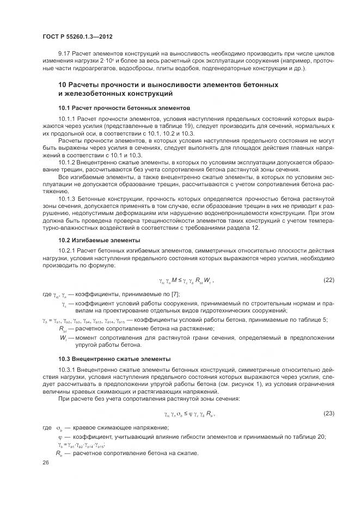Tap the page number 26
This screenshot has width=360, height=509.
click(x=46, y=462)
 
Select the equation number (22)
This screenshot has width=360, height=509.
click(x=328, y=280)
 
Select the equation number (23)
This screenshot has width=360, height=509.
click(x=328, y=414)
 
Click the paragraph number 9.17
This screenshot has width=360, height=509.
click(x=64, y=56)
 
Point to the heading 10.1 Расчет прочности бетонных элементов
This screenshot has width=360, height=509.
click(x=124, y=108)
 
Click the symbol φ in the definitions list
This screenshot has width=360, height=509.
click(x=60, y=437)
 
